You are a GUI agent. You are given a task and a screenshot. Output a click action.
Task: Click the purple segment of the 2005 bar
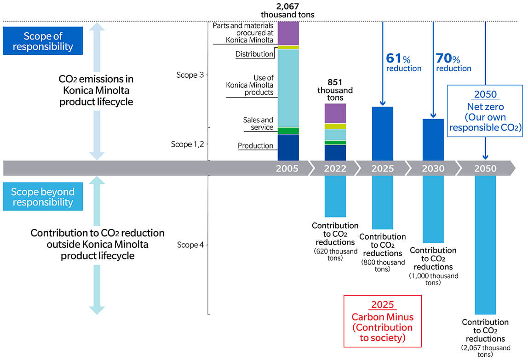(288, 34)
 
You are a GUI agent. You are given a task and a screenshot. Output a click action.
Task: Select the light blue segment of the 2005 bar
(288, 88)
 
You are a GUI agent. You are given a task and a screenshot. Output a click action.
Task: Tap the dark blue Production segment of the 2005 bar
(288, 148)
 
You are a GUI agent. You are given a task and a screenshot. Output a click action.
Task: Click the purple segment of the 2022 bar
(335, 114)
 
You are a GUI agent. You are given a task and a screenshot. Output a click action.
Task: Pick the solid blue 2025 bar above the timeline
(383, 134)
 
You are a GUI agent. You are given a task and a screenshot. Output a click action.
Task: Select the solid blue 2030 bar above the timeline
(433, 140)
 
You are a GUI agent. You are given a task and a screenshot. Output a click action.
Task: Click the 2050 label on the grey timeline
(485, 168)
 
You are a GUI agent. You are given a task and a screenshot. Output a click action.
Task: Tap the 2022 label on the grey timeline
(335, 168)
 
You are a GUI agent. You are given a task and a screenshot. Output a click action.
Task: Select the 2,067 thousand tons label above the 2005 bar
(287, 11)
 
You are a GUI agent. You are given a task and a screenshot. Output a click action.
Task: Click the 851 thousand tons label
(335, 90)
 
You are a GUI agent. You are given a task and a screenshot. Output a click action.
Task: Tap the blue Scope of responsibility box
(43, 41)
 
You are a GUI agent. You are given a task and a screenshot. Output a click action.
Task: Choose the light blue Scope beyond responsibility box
(43, 197)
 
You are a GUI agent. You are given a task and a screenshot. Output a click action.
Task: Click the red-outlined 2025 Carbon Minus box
(383, 321)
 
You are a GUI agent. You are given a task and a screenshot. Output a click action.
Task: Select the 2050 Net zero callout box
(485, 111)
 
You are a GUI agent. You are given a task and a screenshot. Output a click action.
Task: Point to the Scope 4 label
(190, 245)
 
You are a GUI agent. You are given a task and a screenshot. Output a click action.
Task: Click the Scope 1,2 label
(187, 144)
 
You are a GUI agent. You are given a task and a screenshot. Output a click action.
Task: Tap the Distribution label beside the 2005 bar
(254, 54)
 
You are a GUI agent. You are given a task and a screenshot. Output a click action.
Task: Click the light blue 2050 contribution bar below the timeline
(485, 245)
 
